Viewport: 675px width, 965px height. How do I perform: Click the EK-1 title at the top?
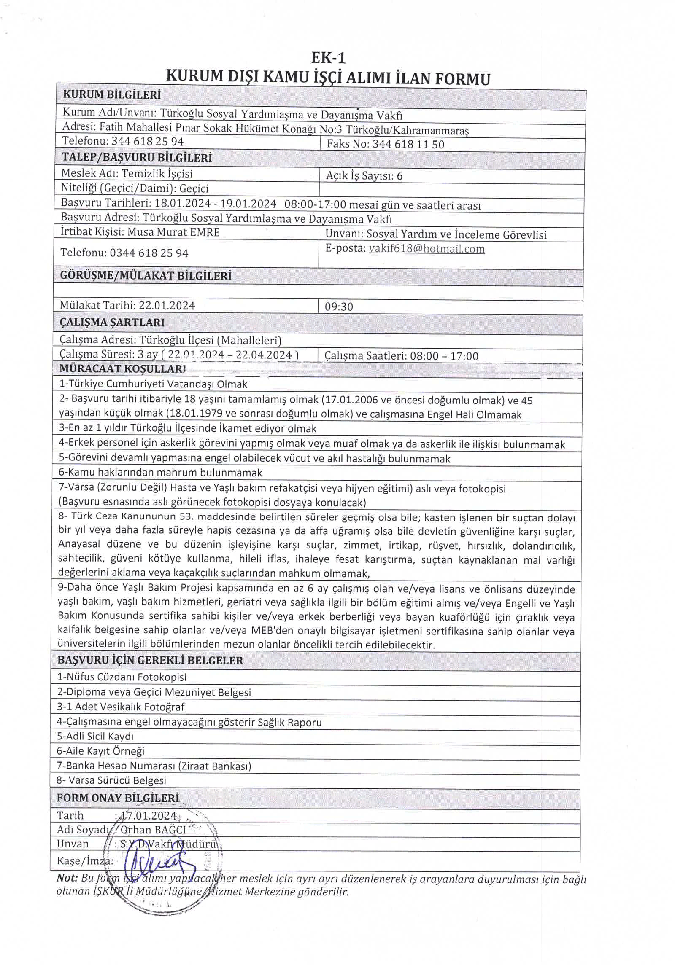tap(328, 57)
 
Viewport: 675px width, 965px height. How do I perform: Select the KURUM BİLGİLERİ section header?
tap(112, 94)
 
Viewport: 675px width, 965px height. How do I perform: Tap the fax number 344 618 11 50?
tap(408, 145)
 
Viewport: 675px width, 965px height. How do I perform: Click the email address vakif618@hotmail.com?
tap(427, 249)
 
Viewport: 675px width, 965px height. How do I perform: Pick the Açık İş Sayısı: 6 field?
tap(364, 176)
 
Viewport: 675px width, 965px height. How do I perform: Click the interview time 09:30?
tap(339, 306)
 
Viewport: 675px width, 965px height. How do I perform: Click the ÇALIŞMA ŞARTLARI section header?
tap(112, 323)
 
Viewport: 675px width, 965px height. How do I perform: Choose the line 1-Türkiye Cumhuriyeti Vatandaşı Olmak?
tap(153, 384)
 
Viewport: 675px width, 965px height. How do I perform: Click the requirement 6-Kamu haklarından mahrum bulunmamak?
tap(160, 473)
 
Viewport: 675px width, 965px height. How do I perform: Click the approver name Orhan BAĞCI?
tap(153, 830)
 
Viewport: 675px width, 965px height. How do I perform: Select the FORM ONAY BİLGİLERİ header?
tap(118, 798)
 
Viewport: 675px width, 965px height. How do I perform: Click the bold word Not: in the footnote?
tap(67, 879)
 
